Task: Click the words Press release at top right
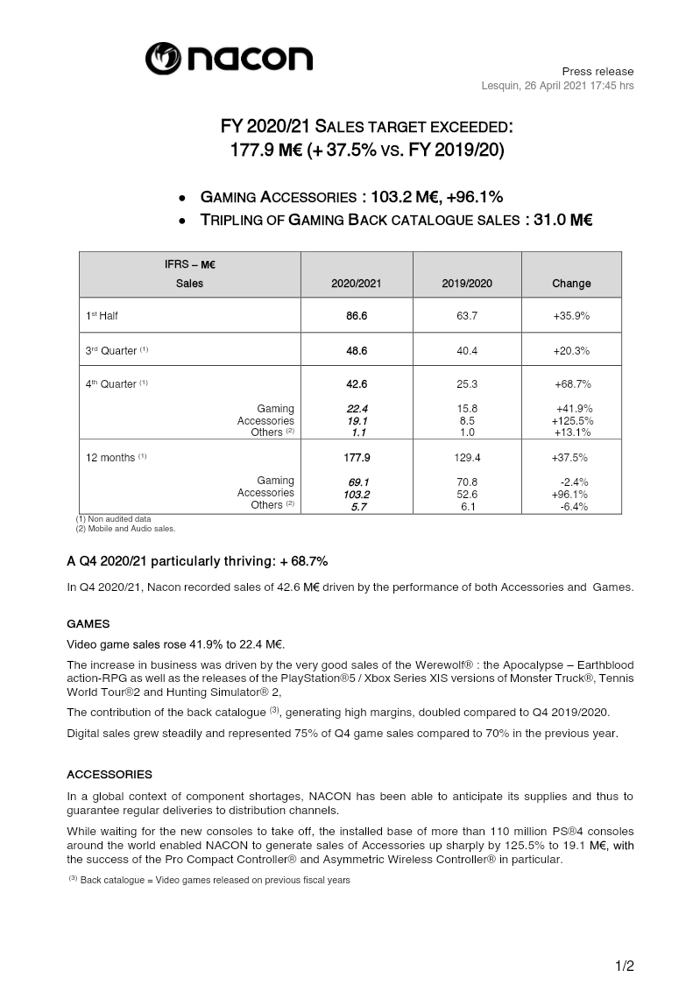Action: click(597, 71)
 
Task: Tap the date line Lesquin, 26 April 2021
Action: click(557, 85)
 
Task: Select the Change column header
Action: click(571, 284)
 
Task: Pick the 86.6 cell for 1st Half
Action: click(356, 315)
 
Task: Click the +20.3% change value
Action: click(571, 350)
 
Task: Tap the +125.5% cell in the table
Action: click(571, 420)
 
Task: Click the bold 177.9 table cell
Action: click(356, 457)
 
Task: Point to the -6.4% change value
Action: click(573, 506)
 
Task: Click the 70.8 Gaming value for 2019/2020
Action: click(467, 481)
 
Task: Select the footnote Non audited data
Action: click(114, 519)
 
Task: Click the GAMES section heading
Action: click(88, 624)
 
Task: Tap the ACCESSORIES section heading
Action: click(110, 775)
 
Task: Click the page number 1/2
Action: click(623, 966)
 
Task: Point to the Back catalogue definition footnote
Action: click(209, 880)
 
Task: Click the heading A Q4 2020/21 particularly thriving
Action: click(197, 560)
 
